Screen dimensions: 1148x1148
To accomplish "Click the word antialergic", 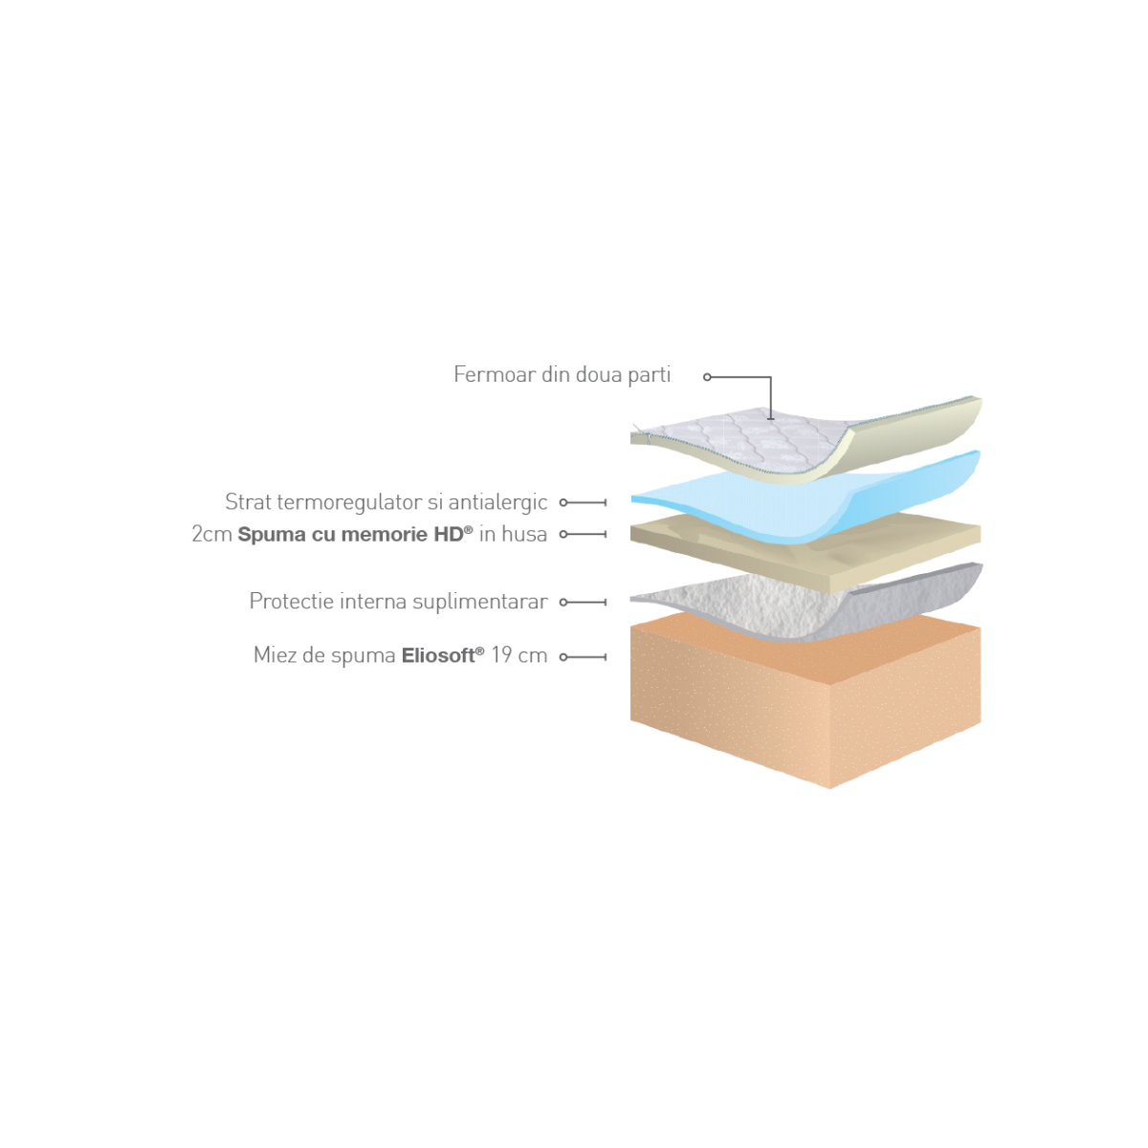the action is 497,502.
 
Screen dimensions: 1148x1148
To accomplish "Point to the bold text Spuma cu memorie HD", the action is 355,535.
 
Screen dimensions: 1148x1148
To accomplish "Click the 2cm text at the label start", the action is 211,535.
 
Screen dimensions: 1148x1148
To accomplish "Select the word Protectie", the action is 292,601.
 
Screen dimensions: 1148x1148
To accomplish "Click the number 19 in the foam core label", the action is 501,655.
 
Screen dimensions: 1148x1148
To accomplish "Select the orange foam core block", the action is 805,703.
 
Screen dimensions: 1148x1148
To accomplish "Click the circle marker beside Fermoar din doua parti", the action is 707,377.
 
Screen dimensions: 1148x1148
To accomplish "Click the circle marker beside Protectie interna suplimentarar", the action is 563,603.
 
